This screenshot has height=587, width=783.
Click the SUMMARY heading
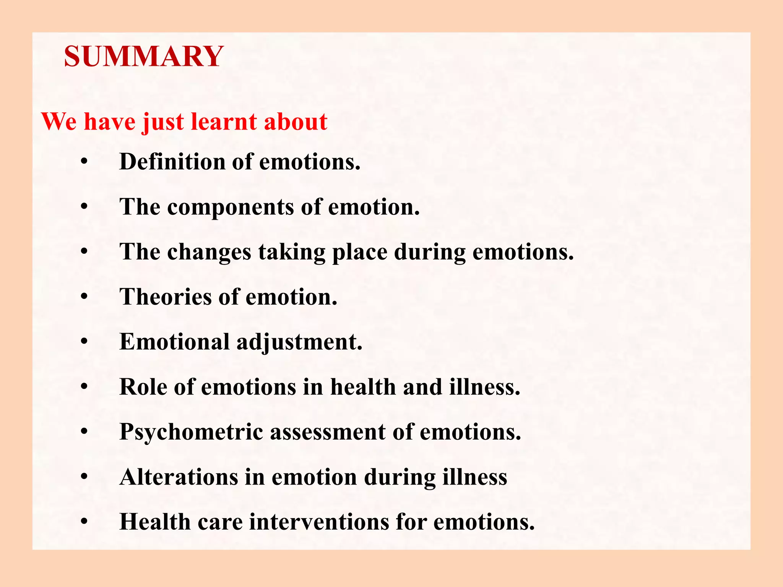[143, 57]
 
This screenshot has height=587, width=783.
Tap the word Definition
[172, 162]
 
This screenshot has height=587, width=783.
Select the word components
[230, 208]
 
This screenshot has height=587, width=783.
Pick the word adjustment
[299, 342]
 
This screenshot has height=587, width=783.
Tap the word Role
[143, 387]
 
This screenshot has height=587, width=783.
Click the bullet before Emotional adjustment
[84, 342]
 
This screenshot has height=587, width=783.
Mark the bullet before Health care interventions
[84, 522]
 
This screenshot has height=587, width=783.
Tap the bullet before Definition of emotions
[84, 162]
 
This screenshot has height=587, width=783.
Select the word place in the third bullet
[360, 253]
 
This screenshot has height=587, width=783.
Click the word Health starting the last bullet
[155, 522]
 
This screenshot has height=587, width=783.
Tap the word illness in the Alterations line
[474, 477]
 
